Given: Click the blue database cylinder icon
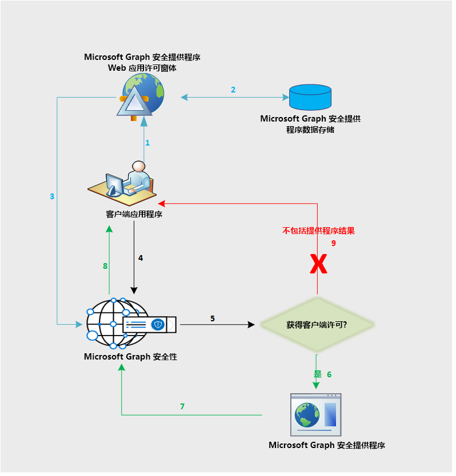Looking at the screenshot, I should click(310, 97).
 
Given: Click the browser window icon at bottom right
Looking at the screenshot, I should click(315, 414).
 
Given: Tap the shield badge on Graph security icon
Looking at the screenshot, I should click(158, 325).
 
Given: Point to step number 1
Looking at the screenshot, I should click(147, 143).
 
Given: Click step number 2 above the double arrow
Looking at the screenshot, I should click(233, 90).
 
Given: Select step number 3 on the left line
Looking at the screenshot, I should click(52, 196).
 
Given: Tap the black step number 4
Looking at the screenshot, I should click(141, 258).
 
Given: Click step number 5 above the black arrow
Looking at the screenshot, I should click(213, 318).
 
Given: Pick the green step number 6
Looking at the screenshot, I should click(329, 374).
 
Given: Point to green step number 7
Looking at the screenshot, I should click(182, 406).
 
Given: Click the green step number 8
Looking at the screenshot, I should click(105, 265).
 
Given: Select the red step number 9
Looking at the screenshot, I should click(334, 243).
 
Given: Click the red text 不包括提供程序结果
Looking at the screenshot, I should click(318, 231).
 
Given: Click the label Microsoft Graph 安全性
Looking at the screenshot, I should click(130, 357).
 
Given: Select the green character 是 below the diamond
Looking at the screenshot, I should click(318, 374).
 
